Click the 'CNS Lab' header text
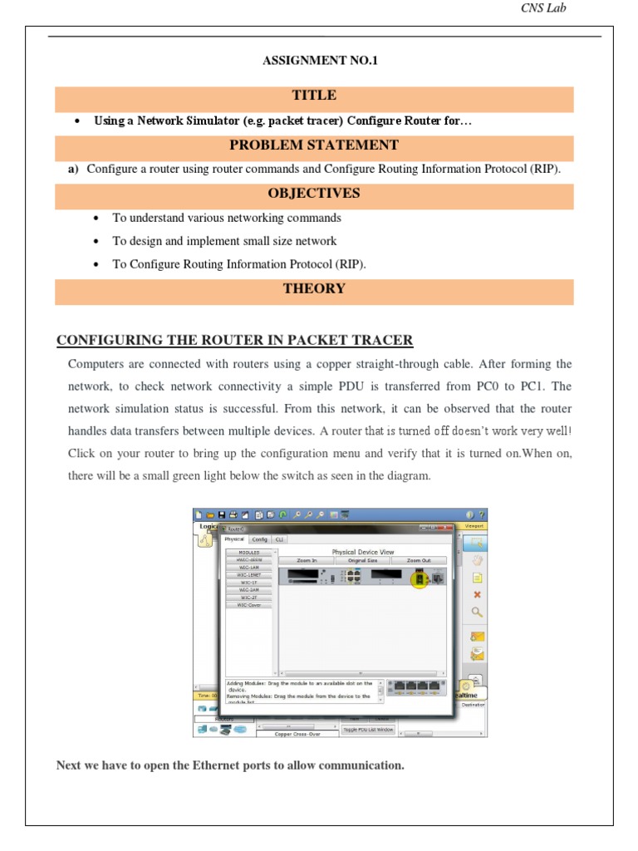click(543, 9)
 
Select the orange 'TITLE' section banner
click(314, 96)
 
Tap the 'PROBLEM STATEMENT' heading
click(314, 145)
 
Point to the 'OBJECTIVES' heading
click(314, 193)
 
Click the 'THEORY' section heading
click(314, 288)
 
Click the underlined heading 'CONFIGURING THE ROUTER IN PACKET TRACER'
click(234, 341)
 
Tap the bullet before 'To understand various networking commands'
click(97, 218)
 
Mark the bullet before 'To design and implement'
click(97, 241)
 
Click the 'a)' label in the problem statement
click(73, 169)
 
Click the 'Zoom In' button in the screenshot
click(307, 561)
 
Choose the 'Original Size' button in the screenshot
click(362, 561)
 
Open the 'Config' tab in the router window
click(259, 539)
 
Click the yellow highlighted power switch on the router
click(420, 578)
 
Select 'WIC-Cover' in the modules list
click(248, 605)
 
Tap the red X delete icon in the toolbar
click(477, 594)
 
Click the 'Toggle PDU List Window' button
click(368, 729)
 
